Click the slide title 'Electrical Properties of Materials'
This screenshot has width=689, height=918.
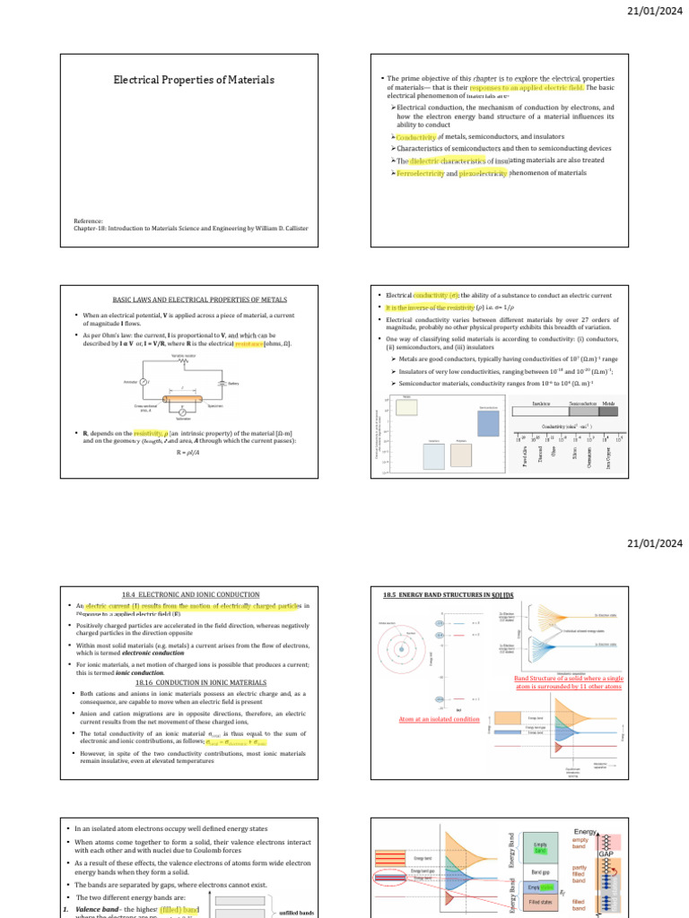pos(193,80)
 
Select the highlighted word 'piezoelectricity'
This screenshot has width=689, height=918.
pos(483,172)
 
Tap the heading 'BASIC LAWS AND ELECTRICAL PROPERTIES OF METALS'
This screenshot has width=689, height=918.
pos(193,299)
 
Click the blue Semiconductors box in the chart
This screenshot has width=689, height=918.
pos(488,422)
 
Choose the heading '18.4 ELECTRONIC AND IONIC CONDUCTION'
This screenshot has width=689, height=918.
pos(193,594)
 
